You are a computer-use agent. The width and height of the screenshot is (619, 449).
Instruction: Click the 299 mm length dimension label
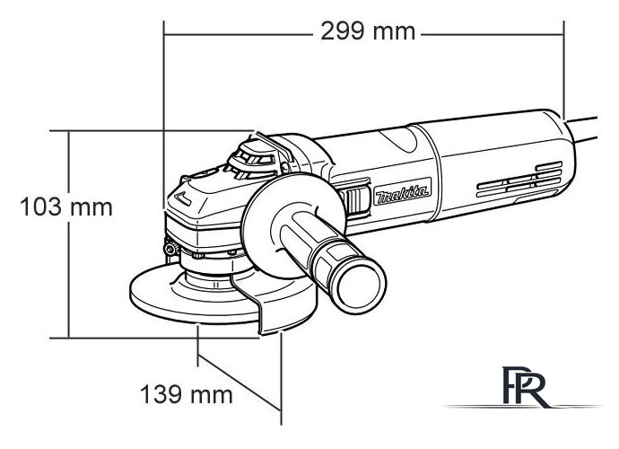point(367,31)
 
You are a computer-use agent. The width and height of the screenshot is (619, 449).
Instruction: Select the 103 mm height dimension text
point(66,207)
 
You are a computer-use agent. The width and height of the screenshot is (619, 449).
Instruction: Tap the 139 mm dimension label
point(186,393)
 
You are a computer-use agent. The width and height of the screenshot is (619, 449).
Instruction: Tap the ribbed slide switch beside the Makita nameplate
point(356,201)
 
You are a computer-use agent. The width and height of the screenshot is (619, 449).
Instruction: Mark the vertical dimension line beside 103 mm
point(68,269)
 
